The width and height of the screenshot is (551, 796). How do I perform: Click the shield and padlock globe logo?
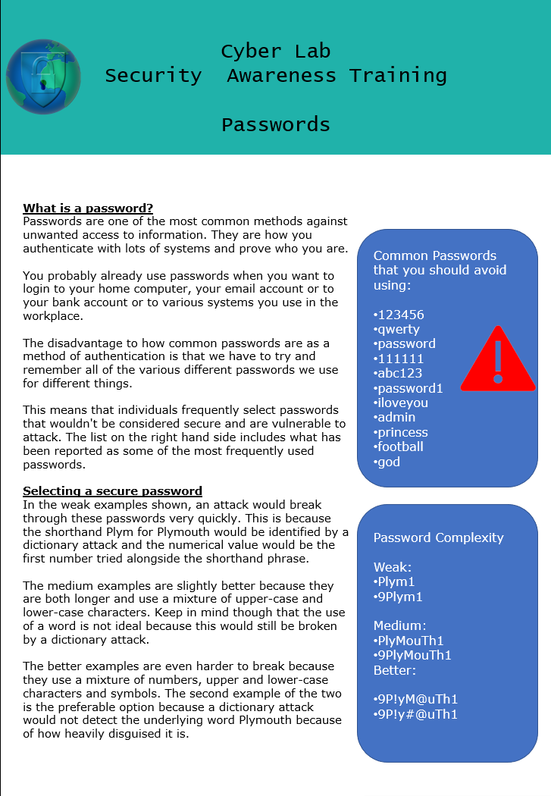[43, 77]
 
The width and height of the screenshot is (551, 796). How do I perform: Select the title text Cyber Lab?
[275, 52]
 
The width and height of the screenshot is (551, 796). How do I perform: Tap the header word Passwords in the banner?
[275, 125]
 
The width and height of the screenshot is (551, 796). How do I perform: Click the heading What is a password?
[88, 208]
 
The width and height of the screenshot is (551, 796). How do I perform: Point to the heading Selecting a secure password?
[112, 491]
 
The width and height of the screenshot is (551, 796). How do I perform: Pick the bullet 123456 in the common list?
[399, 315]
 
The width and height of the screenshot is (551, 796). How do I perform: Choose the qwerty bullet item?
[396, 329]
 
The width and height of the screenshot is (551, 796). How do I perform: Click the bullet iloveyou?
[401, 403]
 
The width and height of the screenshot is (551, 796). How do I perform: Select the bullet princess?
[401, 432]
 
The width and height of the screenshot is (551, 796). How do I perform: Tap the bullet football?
[399, 447]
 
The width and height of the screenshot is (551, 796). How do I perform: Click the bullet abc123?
[398, 373]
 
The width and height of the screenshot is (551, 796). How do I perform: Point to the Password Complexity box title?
[438, 537]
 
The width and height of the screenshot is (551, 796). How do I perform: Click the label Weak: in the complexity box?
[392, 567]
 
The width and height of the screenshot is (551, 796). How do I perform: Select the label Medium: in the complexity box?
[400, 625]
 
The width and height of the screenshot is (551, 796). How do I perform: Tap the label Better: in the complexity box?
[395, 670]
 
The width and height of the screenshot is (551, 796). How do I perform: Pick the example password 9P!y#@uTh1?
[416, 714]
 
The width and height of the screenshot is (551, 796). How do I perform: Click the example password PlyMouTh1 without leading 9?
[409, 641]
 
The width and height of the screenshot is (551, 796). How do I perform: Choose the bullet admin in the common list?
[395, 417]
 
